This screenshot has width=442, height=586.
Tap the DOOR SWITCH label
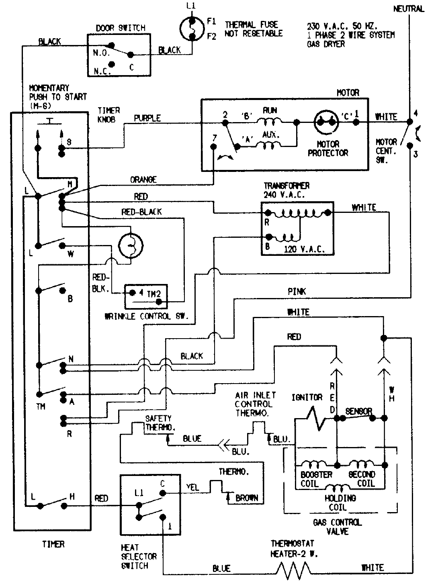pos(120,28)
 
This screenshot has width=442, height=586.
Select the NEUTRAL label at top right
pos(408,8)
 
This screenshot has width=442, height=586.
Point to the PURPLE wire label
pos(147,118)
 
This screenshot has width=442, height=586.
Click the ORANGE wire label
pos(143,180)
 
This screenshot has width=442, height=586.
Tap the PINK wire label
pos(297,292)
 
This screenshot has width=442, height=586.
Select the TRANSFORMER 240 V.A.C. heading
pos(286,190)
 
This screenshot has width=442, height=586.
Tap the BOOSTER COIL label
pos(316,479)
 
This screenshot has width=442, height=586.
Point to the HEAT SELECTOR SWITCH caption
pos(139,556)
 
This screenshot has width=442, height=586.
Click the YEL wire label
pos(192,487)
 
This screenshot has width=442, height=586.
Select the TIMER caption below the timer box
pos(53,544)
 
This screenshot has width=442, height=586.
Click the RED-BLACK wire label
pos(141,212)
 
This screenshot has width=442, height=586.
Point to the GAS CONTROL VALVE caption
pos(337,527)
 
